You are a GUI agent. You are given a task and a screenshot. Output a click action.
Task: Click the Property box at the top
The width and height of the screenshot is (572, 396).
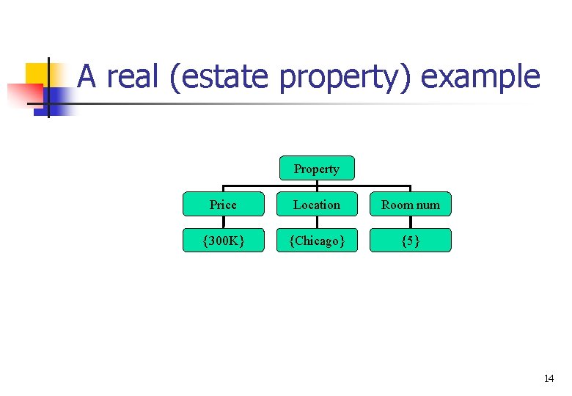coord(317,169)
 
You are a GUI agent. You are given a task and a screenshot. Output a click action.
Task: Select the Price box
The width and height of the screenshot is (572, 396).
coord(223,205)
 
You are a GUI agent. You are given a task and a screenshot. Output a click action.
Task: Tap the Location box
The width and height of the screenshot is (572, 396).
coord(317,205)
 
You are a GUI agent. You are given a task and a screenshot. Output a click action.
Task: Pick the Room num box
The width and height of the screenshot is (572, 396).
coord(411,205)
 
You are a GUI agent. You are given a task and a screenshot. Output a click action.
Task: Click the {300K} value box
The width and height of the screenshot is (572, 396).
coord(223,241)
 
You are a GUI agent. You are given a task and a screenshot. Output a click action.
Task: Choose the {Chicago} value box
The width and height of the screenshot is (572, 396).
coord(317,241)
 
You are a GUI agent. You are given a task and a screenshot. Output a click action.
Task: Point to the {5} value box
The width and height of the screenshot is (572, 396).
coord(411,241)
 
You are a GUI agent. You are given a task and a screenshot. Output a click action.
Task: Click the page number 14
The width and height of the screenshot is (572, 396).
coord(549,378)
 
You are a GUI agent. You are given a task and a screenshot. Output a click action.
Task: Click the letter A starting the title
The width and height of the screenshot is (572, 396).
coord(87,76)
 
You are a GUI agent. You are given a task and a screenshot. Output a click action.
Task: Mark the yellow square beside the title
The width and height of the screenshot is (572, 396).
coord(37,73)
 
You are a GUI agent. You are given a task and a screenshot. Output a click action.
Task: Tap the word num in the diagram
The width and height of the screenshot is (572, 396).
coord(428,205)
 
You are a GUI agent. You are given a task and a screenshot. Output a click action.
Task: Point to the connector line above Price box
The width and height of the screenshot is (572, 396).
coord(223,188)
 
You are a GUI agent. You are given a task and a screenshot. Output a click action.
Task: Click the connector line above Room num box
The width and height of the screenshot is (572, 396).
coord(410,188)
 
